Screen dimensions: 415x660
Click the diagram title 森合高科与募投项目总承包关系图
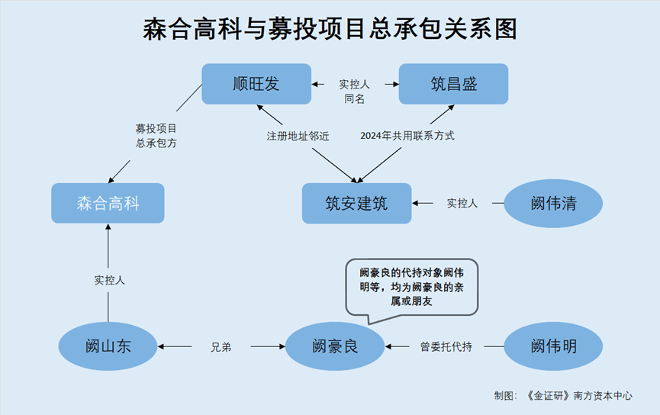[330, 29]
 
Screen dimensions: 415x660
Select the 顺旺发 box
[256, 84]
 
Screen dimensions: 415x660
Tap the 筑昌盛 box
[453, 84]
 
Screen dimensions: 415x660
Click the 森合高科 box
[108, 203]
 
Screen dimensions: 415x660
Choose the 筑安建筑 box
[356, 203]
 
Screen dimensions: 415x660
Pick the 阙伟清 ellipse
[553, 204]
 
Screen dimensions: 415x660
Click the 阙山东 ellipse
[108, 346]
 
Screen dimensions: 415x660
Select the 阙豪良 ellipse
[335, 346]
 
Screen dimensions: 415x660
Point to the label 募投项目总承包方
[156, 136]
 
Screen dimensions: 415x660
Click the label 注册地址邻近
[298, 136]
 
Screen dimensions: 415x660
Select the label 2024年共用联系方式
[407, 136]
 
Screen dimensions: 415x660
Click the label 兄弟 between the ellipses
[221, 347]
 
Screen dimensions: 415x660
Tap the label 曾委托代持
[446, 347]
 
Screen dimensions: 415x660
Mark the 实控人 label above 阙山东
[109, 280]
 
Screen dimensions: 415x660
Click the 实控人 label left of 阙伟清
[462, 204]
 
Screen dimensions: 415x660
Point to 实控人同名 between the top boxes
[355, 91]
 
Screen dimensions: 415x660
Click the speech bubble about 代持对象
[412, 287]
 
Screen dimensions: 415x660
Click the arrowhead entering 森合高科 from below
[108, 228]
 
